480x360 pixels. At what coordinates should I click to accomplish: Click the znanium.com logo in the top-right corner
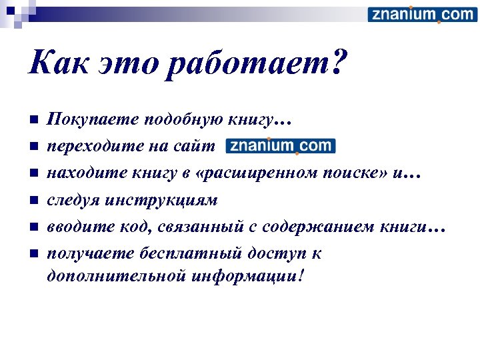(422, 15)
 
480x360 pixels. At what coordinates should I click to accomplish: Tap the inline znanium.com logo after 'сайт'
(281, 145)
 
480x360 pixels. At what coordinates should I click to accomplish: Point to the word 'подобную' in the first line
(171, 120)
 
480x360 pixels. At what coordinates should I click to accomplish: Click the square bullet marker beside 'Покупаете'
(32, 120)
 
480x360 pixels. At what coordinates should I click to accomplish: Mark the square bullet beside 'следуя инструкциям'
(32, 200)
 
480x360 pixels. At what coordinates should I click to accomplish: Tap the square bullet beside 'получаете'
(32, 253)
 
